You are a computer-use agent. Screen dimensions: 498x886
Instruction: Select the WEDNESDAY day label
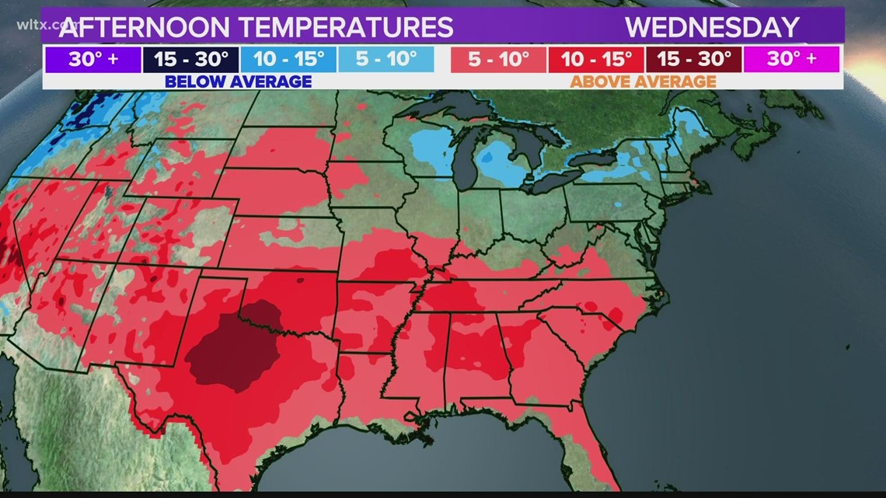point(712,27)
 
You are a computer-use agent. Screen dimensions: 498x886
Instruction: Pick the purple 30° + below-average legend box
point(92,59)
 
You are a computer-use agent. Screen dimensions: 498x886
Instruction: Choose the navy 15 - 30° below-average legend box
point(190,59)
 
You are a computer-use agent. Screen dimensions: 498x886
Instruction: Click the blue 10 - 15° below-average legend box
point(288,59)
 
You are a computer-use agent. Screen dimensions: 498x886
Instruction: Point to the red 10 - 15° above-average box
point(596,59)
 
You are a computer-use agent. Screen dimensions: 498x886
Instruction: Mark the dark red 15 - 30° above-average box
point(695,59)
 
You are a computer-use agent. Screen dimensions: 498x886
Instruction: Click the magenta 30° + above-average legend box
point(791,59)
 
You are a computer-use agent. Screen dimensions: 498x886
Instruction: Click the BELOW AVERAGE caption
point(239,82)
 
